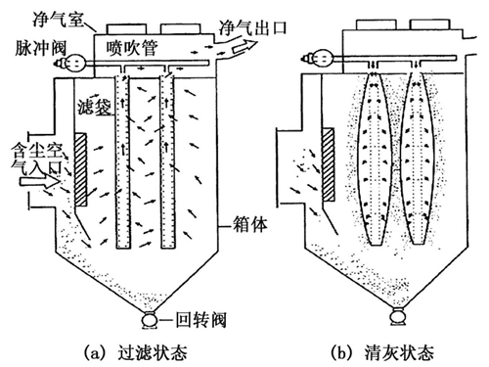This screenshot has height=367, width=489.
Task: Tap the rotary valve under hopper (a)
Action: coord(149,319)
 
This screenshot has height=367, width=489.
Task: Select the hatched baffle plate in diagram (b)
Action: coord(329,168)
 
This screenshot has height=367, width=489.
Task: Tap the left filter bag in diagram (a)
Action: coord(121,161)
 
